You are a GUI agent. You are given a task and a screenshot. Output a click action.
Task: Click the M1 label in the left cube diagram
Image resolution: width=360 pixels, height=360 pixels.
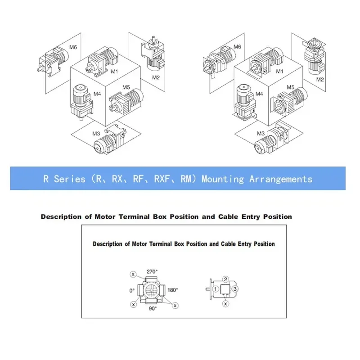coord(114,72)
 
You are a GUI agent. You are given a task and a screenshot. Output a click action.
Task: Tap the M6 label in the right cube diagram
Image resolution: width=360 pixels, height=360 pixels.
coord(237,47)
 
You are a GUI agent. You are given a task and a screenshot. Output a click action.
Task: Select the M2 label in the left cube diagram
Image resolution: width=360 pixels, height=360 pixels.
coord(156,77)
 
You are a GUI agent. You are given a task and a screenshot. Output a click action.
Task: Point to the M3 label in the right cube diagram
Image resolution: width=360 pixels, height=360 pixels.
coord(261,133)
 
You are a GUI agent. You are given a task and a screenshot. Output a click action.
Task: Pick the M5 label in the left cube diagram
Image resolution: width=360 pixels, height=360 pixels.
coord(126,87)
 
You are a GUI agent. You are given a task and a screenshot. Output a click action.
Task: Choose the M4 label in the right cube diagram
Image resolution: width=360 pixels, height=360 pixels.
coord(259,94)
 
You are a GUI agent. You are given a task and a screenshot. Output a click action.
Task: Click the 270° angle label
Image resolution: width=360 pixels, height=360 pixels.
coord(152,272)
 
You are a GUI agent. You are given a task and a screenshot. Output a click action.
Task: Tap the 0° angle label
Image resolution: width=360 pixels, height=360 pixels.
coord(132,291)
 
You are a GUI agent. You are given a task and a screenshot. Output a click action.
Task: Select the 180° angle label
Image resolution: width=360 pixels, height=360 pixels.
coord(173,290)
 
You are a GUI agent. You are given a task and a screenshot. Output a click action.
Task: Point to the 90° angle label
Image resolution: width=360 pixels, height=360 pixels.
coord(153,309)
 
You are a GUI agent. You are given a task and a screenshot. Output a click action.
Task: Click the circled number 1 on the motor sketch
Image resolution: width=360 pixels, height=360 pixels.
coord(216,289)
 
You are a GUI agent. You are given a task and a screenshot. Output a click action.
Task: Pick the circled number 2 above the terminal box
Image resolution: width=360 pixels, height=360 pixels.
coord(225,279)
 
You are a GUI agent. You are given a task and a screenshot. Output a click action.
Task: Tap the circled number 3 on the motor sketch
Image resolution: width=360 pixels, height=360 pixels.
coord(235,289)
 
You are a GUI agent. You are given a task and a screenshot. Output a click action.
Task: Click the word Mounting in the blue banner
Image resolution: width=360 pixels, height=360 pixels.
coord(223,179)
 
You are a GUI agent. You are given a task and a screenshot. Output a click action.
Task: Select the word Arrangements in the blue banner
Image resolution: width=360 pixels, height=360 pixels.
coord(281,179)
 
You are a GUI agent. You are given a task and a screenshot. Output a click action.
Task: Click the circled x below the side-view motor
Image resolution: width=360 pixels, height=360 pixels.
coord(225,304)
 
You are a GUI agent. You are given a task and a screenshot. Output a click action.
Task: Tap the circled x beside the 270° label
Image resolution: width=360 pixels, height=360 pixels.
coord(133,274)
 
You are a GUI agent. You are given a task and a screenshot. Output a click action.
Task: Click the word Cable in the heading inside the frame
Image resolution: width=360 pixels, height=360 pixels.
coord(228,244)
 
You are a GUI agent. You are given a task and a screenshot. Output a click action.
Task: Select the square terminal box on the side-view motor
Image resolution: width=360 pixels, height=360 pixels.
coord(225,289)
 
